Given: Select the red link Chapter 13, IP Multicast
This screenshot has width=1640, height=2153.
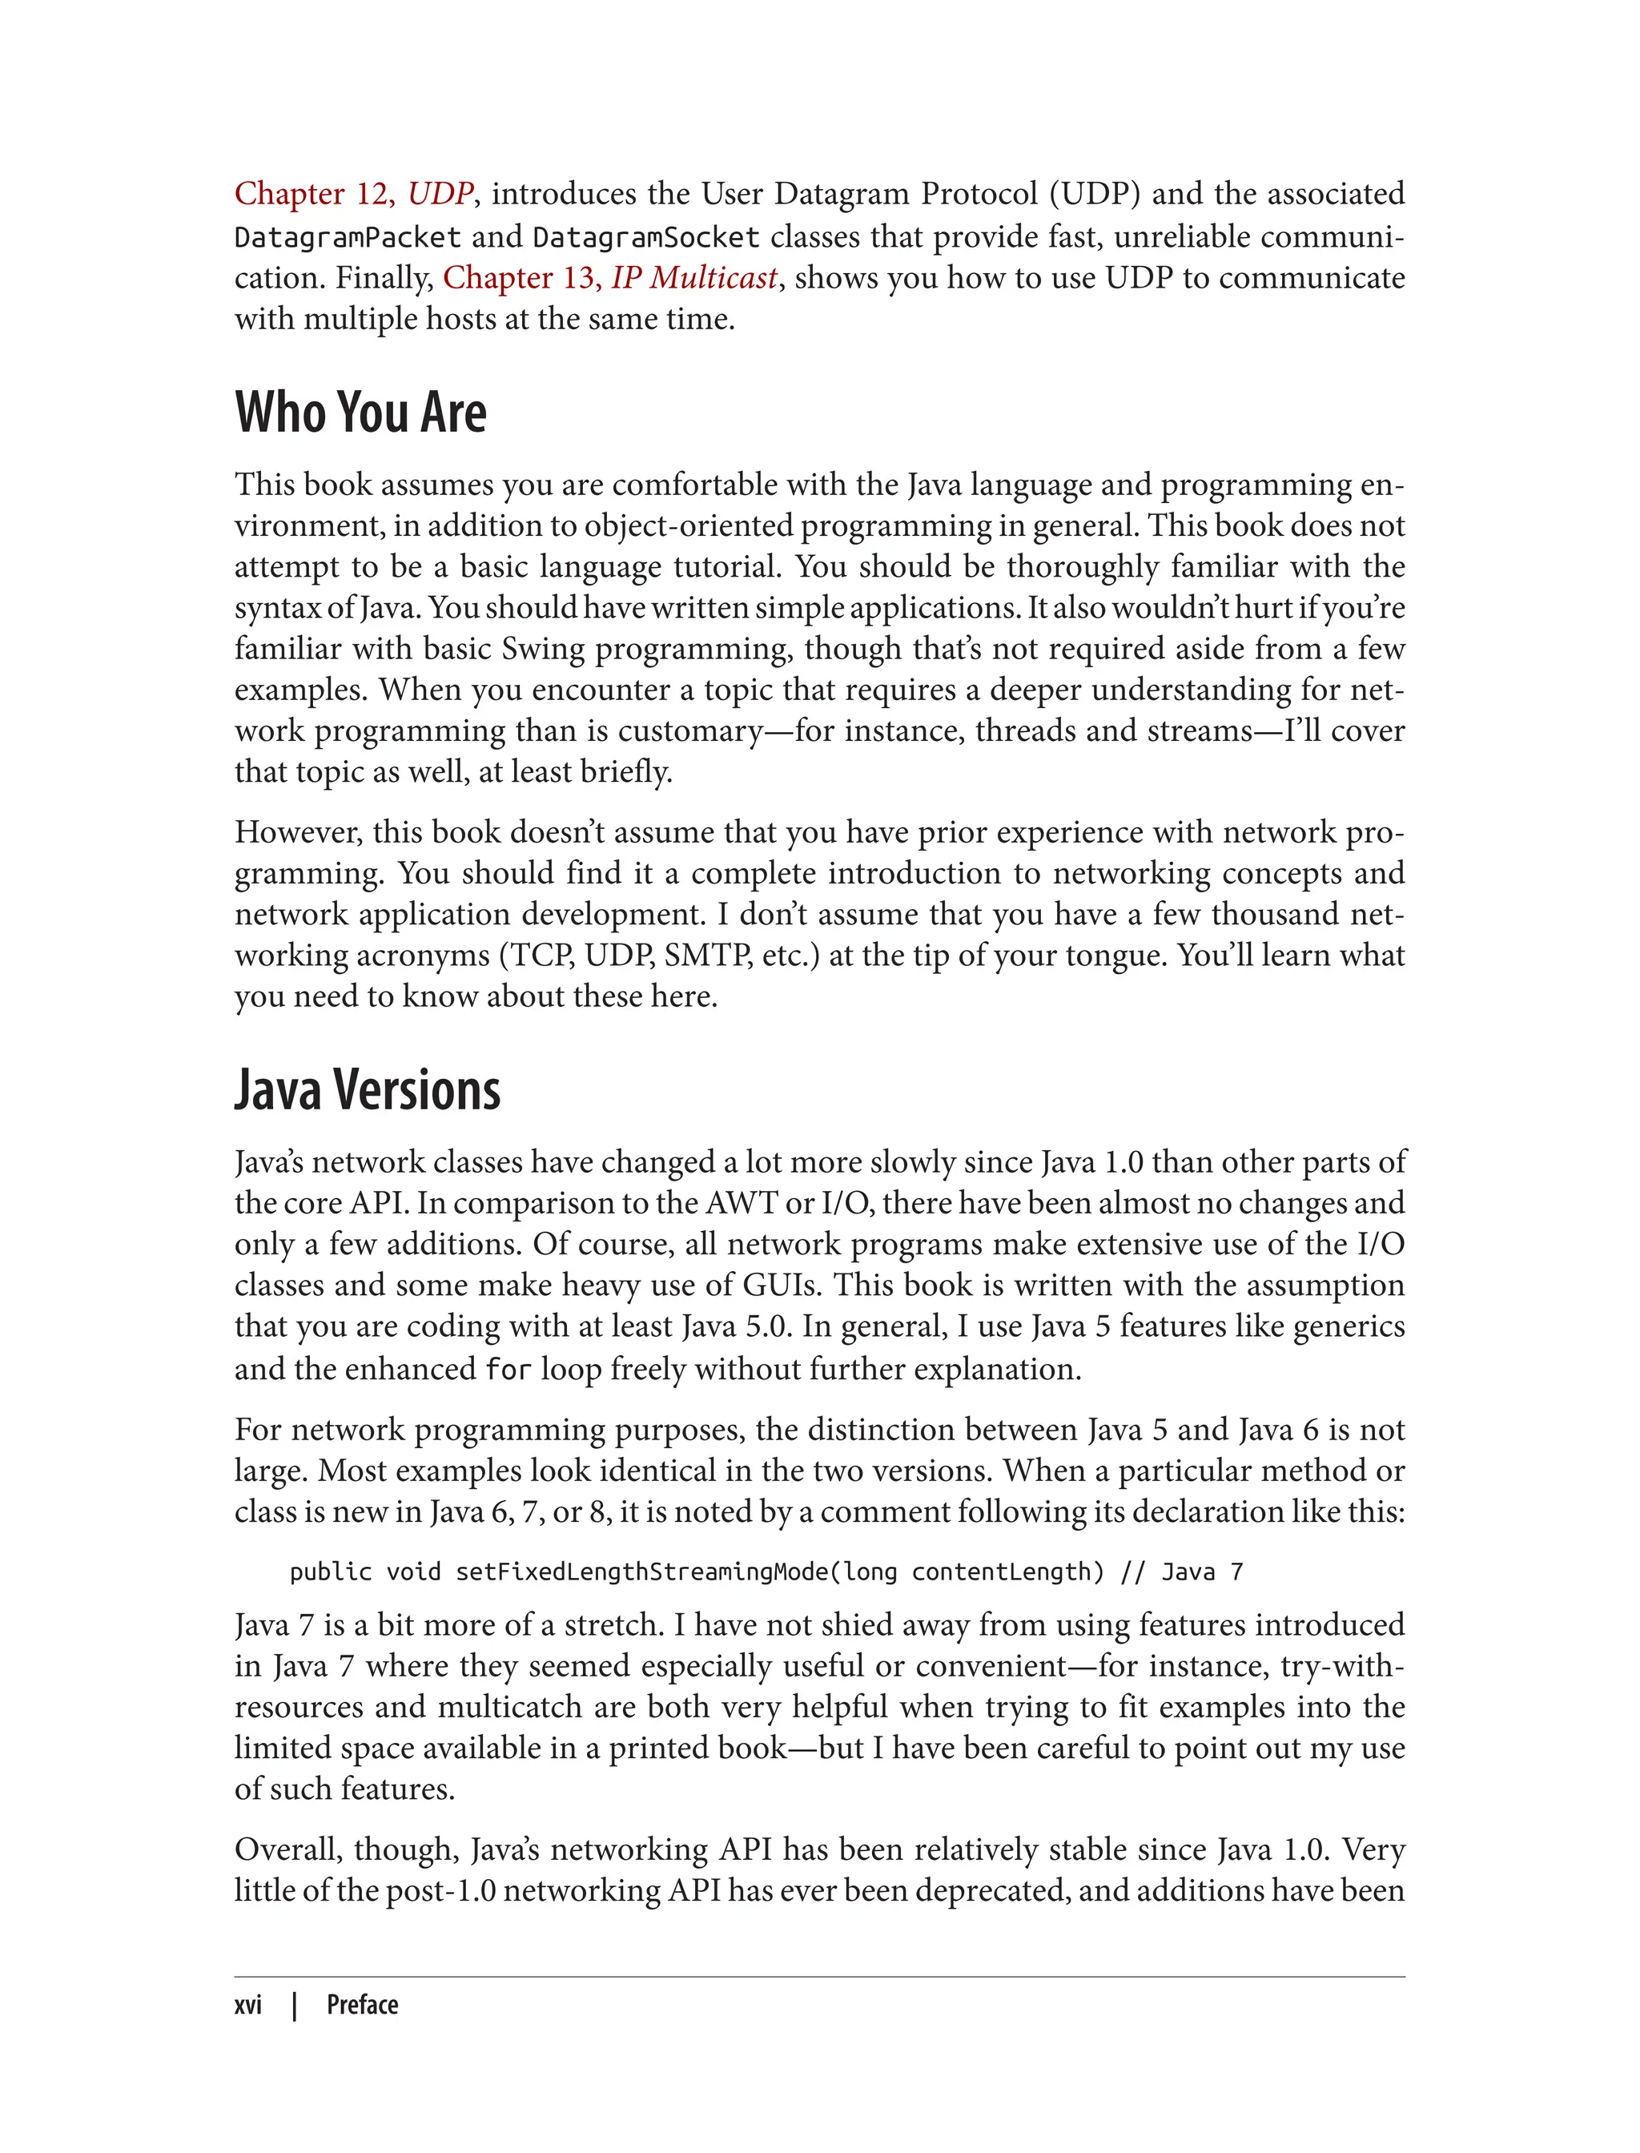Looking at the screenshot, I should click(610, 278).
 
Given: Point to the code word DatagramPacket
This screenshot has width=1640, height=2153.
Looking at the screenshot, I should click(347, 237).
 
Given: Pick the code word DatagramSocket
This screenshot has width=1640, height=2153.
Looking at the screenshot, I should click(645, 237).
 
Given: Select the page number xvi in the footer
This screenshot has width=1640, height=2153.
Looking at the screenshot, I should click(248, 2005).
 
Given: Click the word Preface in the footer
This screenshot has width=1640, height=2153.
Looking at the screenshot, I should click(362, 2005).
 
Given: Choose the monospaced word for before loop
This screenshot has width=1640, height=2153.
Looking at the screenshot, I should click(508, 1369).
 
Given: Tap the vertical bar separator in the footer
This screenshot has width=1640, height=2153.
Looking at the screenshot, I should click(295, 2005).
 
